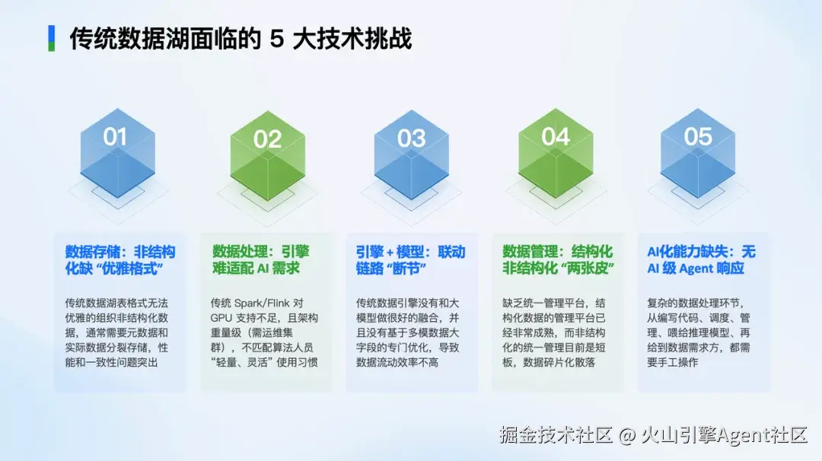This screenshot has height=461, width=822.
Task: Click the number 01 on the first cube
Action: click(115, 137)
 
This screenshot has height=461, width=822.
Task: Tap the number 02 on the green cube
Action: click(267, 139)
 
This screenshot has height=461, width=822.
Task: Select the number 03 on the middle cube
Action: click(411, 138)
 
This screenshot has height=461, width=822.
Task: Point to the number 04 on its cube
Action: click(555, 137)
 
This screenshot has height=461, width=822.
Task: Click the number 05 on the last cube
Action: click(698, 137)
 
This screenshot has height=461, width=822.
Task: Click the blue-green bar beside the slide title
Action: click(52, 38)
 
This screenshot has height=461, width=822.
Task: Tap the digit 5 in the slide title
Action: click(277, 39)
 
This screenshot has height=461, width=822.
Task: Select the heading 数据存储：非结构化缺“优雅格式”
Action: click(120, 260)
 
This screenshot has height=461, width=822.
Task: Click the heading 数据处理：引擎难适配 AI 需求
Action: click(260, 260)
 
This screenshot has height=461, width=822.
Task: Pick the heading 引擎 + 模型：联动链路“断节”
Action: click(410, 260)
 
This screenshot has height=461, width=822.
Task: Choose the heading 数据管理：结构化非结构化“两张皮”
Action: click(558, 260)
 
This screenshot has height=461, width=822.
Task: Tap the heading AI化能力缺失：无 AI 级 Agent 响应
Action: click(702, 260)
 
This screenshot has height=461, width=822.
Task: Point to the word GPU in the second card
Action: click(221, 318)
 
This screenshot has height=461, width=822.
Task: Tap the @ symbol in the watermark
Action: click(627, 435)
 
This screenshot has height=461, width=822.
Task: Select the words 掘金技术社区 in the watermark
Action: click(556, 435)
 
